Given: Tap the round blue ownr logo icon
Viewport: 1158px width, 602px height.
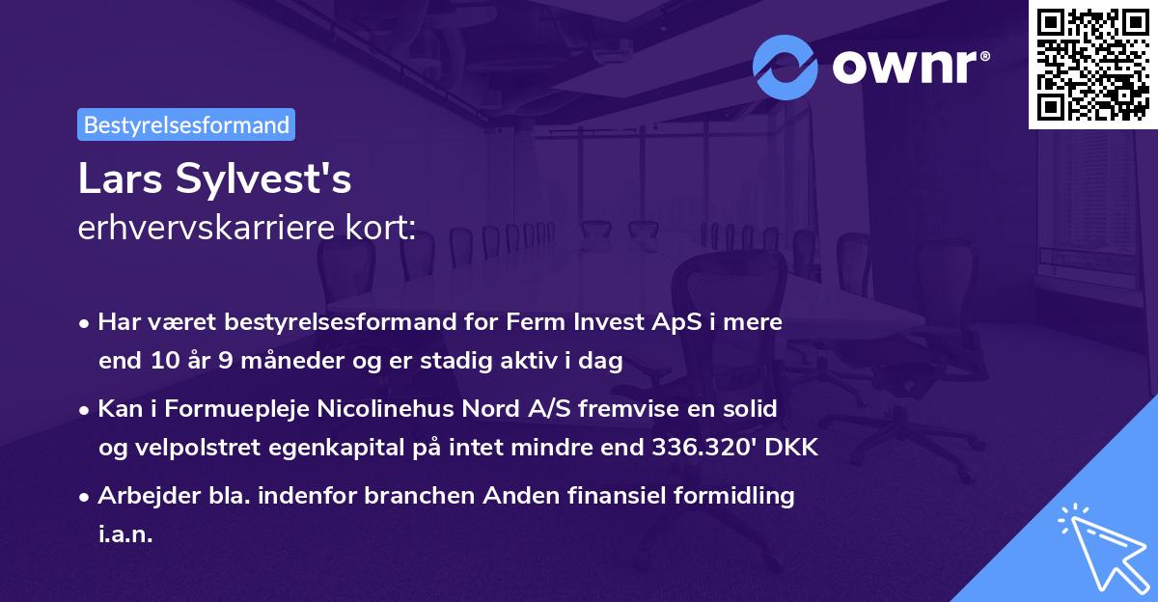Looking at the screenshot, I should tap(785, 68).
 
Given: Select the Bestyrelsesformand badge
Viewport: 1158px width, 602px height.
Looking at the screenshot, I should tap(186, 124).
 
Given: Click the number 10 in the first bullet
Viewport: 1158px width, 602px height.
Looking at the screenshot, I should tap(162, 362).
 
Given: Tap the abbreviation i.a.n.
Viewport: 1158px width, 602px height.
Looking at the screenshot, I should tap(125, 535).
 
